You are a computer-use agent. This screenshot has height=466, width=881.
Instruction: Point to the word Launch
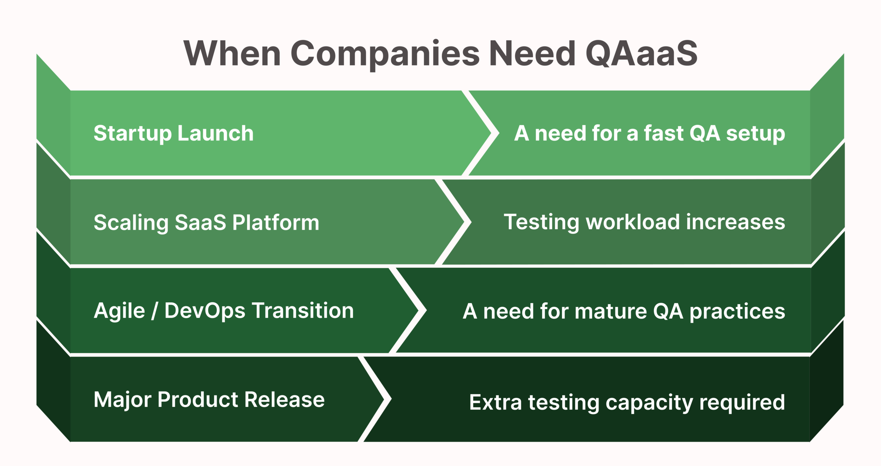[216, 133]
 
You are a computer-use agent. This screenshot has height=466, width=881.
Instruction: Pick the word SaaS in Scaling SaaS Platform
[200, 222]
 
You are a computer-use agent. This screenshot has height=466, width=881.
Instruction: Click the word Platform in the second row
[276, 222]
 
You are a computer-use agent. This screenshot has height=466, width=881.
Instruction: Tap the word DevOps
[205, 311]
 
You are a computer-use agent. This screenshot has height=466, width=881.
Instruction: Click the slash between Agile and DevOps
[155, 311]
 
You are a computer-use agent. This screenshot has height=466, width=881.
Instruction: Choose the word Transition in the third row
[303, 311]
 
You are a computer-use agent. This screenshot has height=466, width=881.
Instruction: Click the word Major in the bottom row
[123, 400]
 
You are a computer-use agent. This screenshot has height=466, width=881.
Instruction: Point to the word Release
[285, 400]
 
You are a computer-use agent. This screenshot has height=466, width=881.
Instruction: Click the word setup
[755, 134]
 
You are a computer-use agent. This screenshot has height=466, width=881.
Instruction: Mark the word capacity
[649, 403]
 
